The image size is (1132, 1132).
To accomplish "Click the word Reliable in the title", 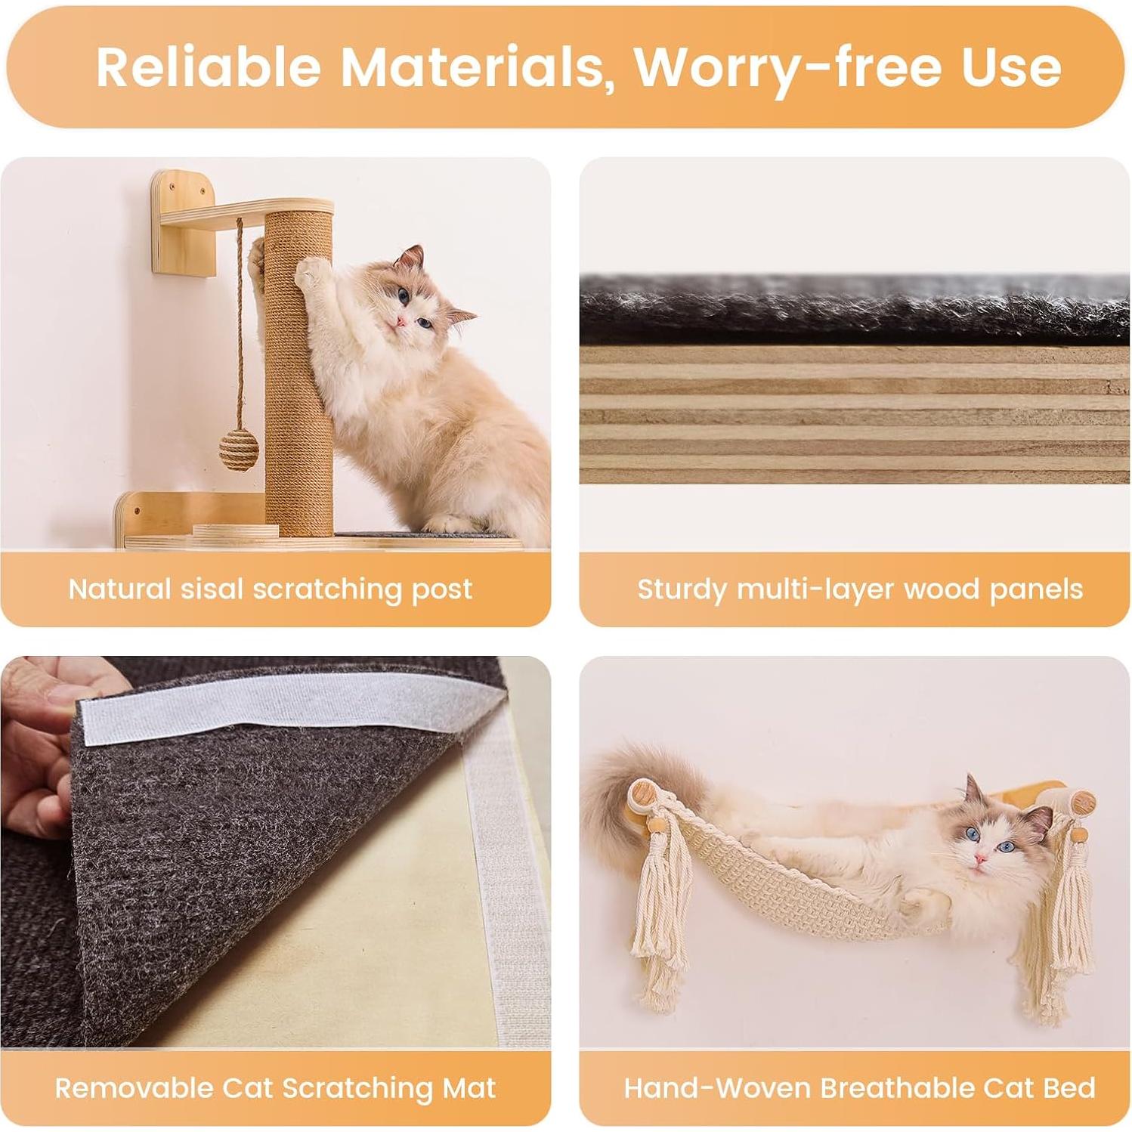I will (x=209, y=66).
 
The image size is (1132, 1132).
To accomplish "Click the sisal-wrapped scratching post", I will (x=299, y=378).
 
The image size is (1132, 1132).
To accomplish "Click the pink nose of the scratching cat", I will (x=401, y=323).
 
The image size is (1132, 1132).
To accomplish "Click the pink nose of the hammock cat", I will (x=980, y=858).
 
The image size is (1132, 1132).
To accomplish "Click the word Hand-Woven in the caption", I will (x=717, y=1088).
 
